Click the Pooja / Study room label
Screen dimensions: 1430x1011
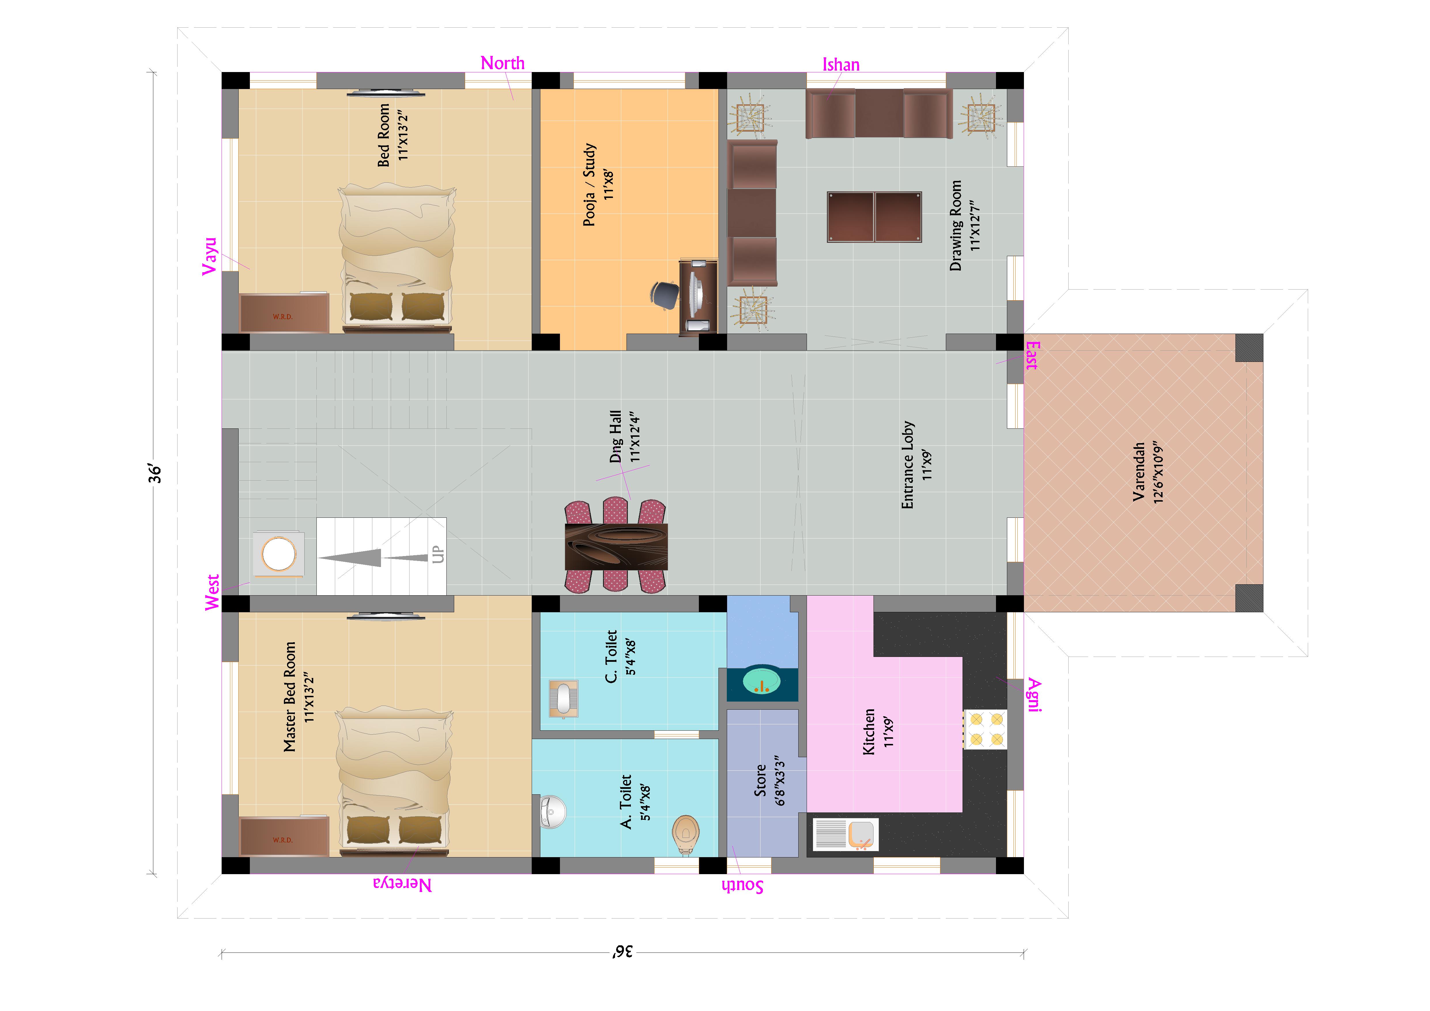pyautogui.click(x=598, y=185)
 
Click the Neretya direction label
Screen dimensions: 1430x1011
pyautogui.click(x=402, y=885)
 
